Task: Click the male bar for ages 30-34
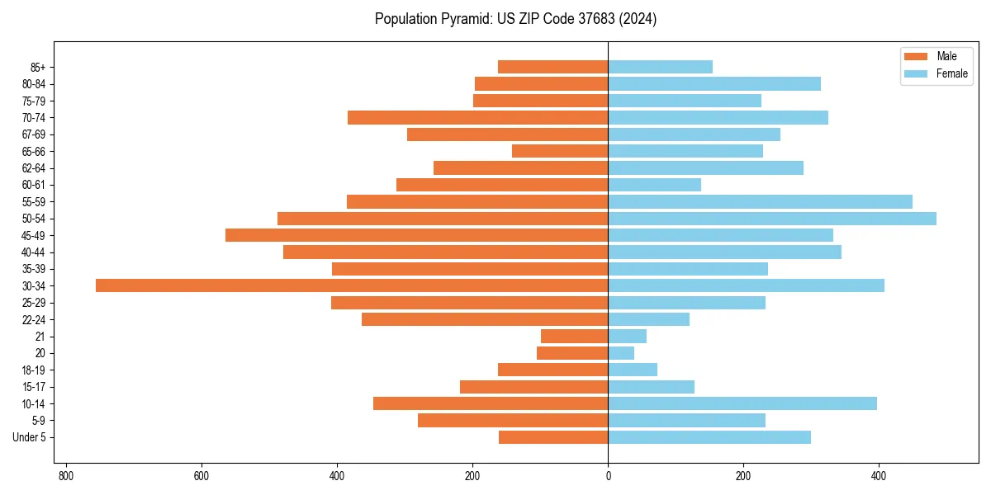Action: click(x=352, y=285)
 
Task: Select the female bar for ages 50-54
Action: click(x=772, y=219)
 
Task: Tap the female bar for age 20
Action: click(x=621, y=353)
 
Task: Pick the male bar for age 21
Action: click(x=574, y=336)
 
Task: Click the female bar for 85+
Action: click(x=660, y=67)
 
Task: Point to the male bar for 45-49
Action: click(x=416, y=235)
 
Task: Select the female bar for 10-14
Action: click(x=742, y=403)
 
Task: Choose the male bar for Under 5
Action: click(x=553, y=437)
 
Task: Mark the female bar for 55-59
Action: click(x=760, y=201)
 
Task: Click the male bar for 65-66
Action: click(x=560, y=151)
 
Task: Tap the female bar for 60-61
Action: click(x=654, y=185)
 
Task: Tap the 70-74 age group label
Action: click(x=34, y=118)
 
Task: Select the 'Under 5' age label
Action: click(x=29, y=437)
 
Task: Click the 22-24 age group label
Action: click(x=34, y=319)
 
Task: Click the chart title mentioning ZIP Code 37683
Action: click(x=515, y=19)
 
